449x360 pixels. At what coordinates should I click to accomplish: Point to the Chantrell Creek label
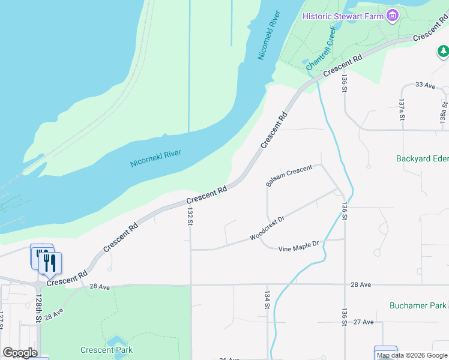pos(322,49)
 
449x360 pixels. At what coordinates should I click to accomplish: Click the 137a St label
pos(402,110)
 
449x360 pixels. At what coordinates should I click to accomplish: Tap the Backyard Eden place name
pos(422,159)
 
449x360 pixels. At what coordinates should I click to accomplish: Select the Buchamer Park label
pos(417,305)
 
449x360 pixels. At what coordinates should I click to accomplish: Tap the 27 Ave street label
pos(364,322)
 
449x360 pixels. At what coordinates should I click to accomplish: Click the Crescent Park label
pos(106,350)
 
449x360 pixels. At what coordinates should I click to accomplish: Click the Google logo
pos(20,353)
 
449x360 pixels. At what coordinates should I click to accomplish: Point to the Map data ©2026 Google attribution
pos(412,356)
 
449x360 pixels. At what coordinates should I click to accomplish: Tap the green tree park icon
pos(443,52)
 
